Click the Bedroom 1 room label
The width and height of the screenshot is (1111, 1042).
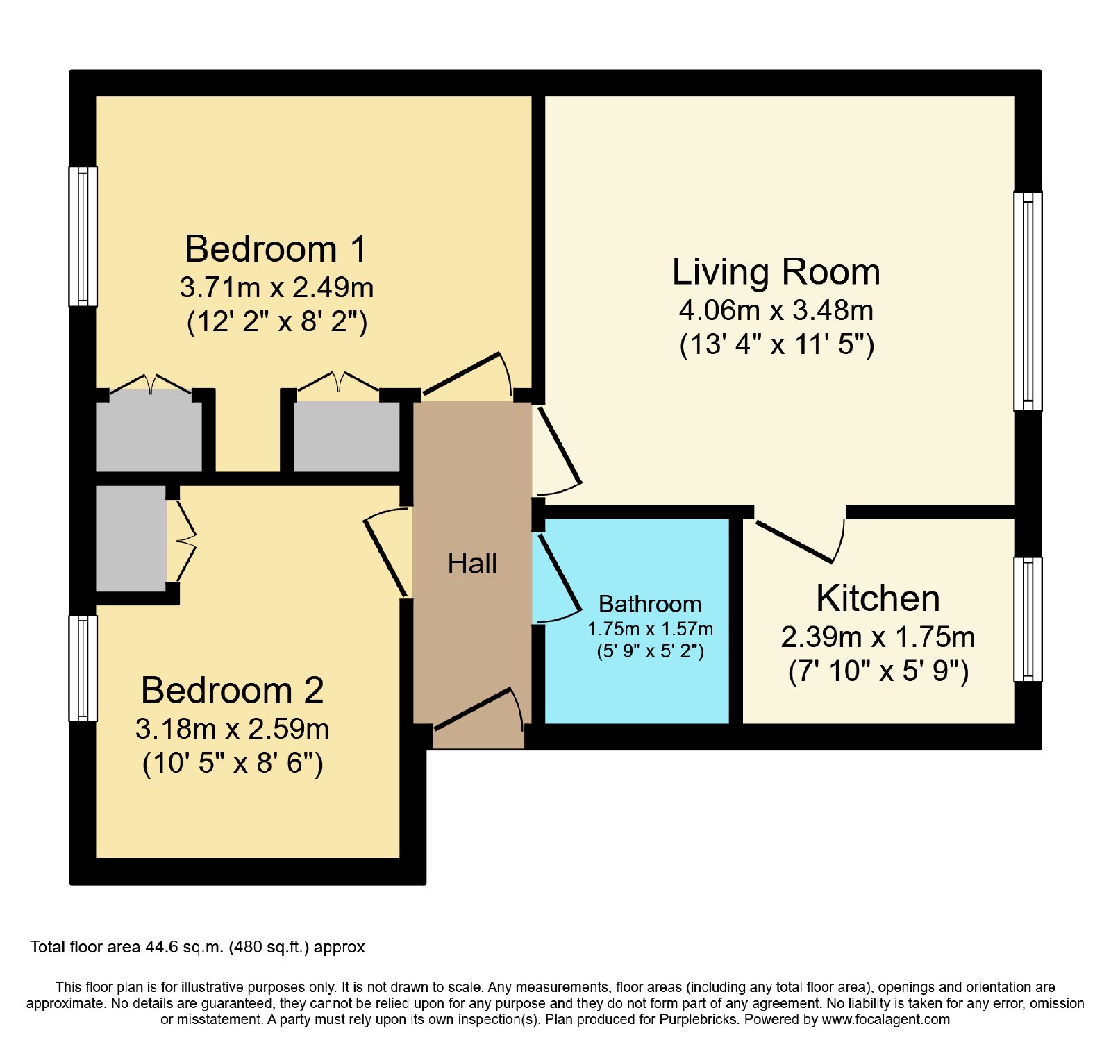[x=276, y=249]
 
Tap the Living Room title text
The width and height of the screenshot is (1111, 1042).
[x=776, y=271]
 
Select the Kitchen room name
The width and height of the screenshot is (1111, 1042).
[x=878, y=598]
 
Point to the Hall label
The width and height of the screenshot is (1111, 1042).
[x=472, y=564]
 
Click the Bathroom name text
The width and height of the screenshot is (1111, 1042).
[x=650, y=604]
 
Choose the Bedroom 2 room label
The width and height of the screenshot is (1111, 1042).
[x=233, y=690]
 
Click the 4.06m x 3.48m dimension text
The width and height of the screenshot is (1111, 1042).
[x=776, y=310]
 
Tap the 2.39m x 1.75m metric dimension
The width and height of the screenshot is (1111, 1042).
[x=878, y=637]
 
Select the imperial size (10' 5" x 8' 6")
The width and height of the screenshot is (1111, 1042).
[x=233, y=764]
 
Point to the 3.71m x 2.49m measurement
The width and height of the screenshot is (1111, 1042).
[x=276, y=287]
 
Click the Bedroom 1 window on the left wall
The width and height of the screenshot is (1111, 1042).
[x=83, y=236]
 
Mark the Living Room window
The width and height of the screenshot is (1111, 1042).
[x=1028, y=301]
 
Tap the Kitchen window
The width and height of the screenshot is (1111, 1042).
[x=1028, y=619]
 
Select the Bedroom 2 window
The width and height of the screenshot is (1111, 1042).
[x=83, y=669]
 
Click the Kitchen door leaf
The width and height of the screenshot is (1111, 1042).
[x=794, y=541]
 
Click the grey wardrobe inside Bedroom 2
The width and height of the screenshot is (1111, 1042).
[x=131, y=538]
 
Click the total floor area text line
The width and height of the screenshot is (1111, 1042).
[x=198, y=947]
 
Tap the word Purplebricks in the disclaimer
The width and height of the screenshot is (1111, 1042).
[x=698, y=1020]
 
